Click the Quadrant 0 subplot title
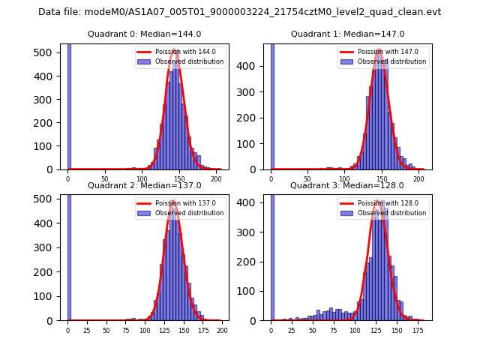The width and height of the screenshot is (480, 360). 144,34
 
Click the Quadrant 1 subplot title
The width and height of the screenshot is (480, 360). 347,34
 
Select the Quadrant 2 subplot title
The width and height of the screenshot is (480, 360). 144,185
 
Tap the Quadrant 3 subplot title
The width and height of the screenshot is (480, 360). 347,185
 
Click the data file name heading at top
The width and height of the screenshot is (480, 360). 239,12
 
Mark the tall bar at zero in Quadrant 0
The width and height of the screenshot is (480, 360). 68,105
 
